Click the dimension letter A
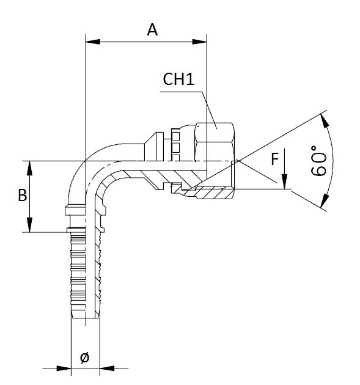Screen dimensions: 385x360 pos(152,29)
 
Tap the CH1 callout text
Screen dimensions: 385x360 pos(180,79)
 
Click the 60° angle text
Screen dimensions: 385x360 pos(318,161)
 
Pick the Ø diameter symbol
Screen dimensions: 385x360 pos(84,358)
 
